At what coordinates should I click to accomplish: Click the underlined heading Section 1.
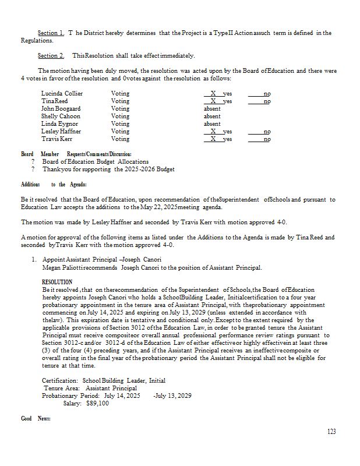(51, 33)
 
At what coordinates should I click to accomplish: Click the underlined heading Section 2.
(51, 55)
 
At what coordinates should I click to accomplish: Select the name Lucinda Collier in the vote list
(62, 93)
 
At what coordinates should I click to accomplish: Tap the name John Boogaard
(61, 108)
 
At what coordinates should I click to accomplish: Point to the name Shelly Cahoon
(61, 116)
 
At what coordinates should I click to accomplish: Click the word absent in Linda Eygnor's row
(212, 123)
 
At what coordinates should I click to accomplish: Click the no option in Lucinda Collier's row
(267, 93)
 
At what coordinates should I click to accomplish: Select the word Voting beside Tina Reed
(120, 101)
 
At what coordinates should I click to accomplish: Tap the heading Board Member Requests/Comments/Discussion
(72, 154)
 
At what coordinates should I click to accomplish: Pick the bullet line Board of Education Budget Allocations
(96, 161)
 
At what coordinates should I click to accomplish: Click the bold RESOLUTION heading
(57, 282)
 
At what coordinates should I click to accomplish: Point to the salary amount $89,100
(97, 403)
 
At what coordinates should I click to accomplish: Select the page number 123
(331, 432)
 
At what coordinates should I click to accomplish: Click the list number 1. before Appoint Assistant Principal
(34, 260)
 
